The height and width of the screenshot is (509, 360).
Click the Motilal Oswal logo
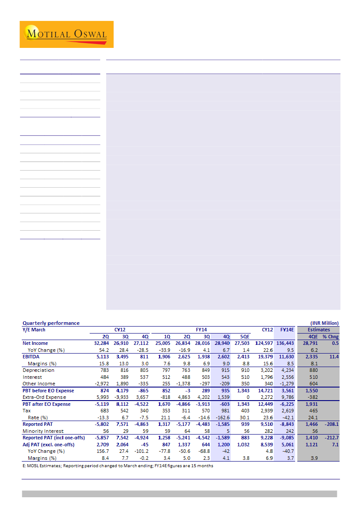coord(66,34)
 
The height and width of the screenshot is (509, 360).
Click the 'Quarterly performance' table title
coord(51,323)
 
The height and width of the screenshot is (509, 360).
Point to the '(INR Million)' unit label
coord(324,323)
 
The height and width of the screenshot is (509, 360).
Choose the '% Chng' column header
coord(330,337)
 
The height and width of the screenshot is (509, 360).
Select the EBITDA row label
coord(32,357)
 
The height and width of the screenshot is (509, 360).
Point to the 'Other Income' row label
coord(39,384)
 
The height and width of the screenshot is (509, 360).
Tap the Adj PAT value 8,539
coord(271,445)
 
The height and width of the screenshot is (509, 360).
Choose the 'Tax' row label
coord(27,411)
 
